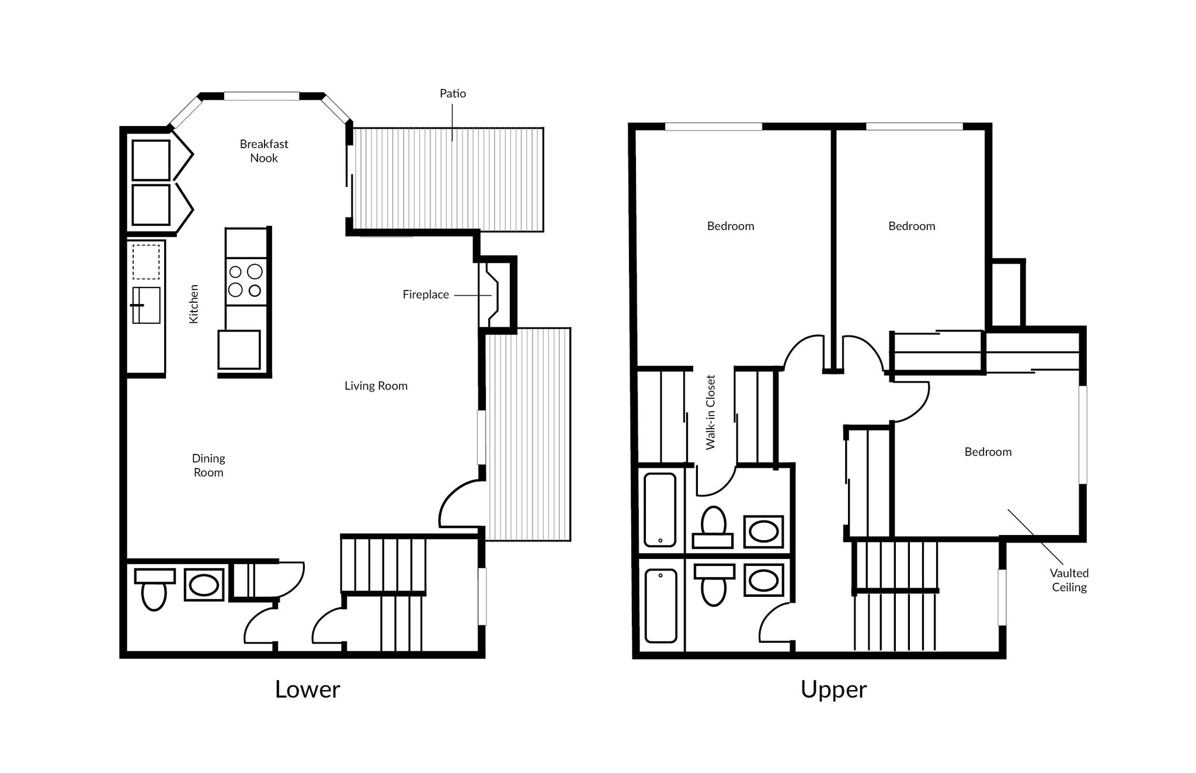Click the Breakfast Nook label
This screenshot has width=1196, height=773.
pos(264,151)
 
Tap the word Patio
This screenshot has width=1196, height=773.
pos(453,93)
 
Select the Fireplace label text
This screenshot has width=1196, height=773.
pos(426,295)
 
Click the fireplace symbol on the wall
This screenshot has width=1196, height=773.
pos(489,295)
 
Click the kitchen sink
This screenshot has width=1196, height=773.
pos(146,305)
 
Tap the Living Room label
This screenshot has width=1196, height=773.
pos(376,386)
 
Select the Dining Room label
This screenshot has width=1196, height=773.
pos(208,465)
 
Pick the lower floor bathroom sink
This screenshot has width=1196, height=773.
pos(204,585)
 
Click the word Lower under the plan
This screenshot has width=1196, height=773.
pos(307,690)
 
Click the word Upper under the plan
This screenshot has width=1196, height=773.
pos(833,690)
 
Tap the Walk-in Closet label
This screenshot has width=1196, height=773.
pos(710,412)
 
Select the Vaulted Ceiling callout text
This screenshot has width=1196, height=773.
pos(1069,580)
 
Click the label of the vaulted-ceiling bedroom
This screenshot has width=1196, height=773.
pos(988,452)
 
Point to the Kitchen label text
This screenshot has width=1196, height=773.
pos(193,304)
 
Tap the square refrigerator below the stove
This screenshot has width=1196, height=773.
pos(239,349)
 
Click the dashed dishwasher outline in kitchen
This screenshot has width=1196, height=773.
pos(145,262)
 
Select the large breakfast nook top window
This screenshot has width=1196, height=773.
pos(262,96)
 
